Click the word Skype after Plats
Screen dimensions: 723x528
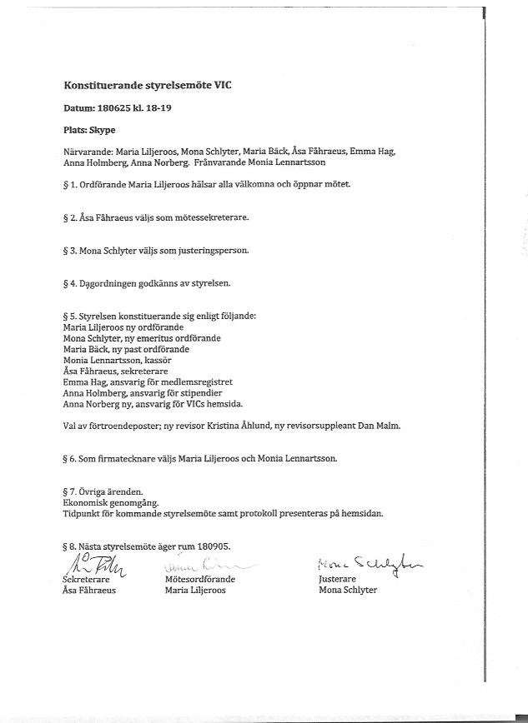point(103,131)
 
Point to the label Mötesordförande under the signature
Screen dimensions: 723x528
point(200,579)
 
